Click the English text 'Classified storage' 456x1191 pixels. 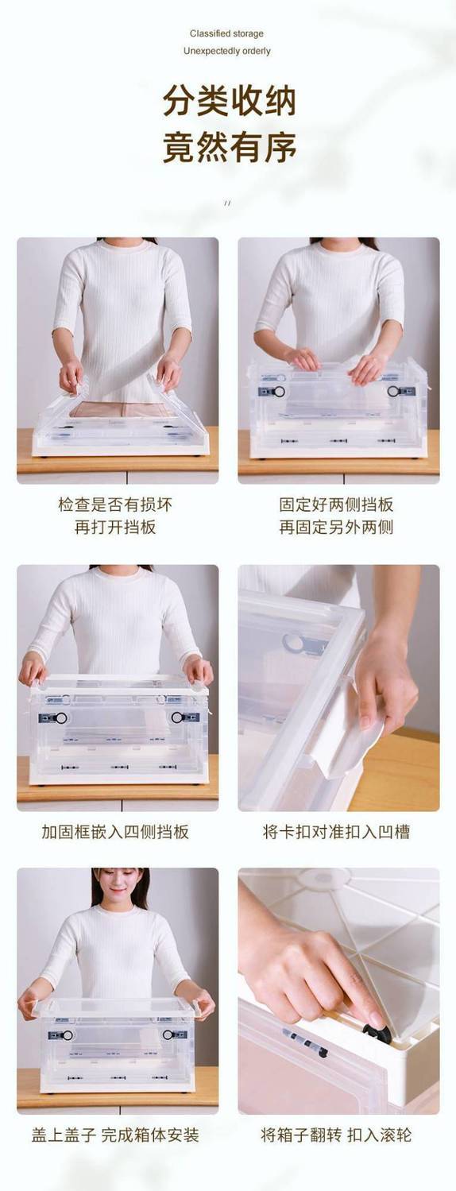click(x=227, y=33)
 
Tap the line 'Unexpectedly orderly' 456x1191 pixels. click(x=227, y=51)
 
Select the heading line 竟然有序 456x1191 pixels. click(x=229, y=147)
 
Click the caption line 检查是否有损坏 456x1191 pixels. click(x=115, y=504)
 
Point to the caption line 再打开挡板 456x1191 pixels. click(x=115, y=527)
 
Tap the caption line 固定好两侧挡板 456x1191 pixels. click(x=336, y=504)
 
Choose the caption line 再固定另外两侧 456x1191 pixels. click(x=336, y=527)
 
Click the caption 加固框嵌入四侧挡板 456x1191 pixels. click(x=115, y=832)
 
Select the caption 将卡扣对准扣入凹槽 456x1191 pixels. click(x=336, y=832)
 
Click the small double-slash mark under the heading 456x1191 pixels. click(x=228, y=203)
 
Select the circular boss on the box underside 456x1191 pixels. click(x=323, y=879)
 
